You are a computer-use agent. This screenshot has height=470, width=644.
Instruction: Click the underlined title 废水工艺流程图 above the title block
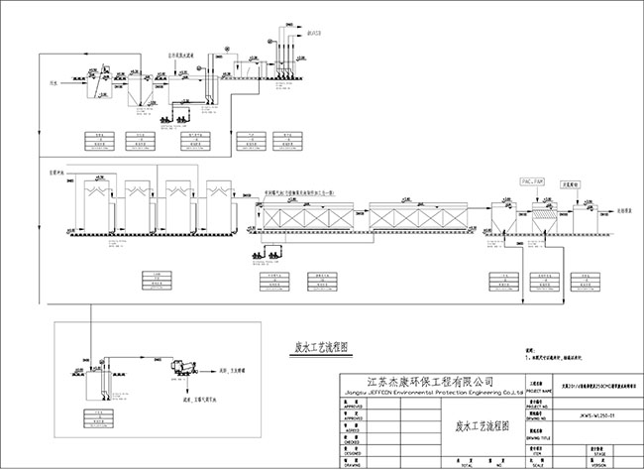[x=313, y=348]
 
